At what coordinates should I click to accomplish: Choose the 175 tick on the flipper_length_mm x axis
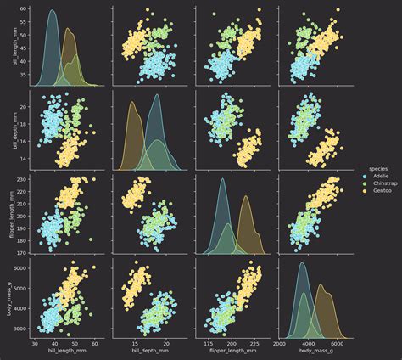click(x=206, y=343)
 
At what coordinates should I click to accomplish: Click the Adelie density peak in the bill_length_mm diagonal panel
click(x=53, y=11)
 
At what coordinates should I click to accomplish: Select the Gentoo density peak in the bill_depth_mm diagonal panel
click(x=133, y=102)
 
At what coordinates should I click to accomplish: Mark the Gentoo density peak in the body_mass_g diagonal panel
click(x=322, y=284)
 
